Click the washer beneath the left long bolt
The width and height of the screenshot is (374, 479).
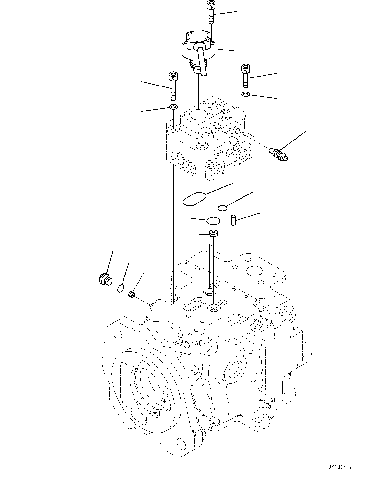click(x=173, y=107)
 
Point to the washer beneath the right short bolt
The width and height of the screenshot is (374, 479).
click(x=246, y=94)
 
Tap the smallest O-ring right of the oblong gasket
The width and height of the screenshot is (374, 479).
click(x=222, y=208)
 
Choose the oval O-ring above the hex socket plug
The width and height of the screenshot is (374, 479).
click(x=213, y=221)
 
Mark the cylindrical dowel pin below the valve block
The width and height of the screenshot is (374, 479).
click(x=233, y=221)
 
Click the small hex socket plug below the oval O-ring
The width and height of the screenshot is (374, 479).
click(x=213, y=233)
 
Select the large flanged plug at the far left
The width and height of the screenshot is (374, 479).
click(x=105, y=278)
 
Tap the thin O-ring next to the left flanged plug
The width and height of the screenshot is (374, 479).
click(x=120, y=288)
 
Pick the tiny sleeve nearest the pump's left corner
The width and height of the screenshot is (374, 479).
click(x=131, y=294)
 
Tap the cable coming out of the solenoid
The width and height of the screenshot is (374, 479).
click(x=202, y=63)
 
